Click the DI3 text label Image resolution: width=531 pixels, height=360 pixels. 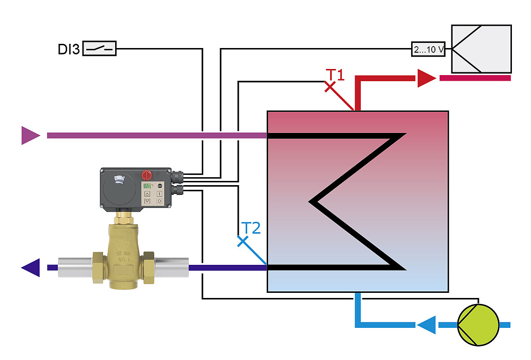[69, 48]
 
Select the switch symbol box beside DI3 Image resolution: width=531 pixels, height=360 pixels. [99, 48]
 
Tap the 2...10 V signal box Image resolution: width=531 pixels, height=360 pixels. [428, 49]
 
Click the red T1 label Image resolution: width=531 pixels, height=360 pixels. [335, 75]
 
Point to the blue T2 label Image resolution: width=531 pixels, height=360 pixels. [251, 228]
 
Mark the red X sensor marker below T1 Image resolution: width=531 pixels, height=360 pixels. [330, 87]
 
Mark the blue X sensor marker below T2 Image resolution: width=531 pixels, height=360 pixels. [242, 241]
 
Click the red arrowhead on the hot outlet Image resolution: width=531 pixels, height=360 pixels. [425, 78]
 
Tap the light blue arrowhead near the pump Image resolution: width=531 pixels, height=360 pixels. [426, 325]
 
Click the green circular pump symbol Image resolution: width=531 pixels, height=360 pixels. [478, 325]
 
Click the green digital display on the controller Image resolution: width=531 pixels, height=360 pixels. [148, 185]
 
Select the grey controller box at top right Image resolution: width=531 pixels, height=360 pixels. [481, 49]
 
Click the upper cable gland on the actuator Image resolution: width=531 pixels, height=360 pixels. [178, 177]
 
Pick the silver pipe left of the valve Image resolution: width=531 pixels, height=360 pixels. [75, 268]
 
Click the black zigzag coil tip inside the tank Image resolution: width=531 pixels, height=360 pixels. [311, 202]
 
